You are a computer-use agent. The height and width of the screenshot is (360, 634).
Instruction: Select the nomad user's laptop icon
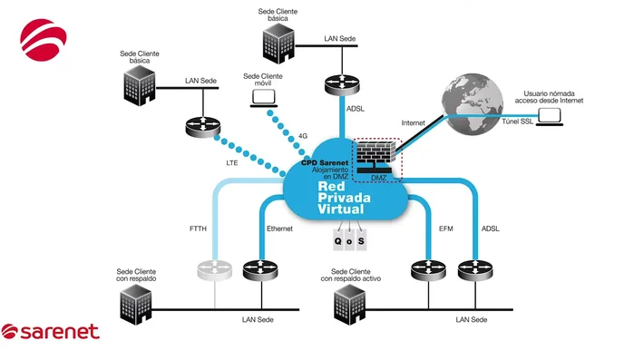coord(550,115)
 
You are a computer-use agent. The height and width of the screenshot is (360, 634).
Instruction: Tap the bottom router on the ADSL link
coord(473,270)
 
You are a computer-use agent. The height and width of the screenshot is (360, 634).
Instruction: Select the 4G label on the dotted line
coord(303,136)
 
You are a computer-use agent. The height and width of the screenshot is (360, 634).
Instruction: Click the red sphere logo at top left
coord(44,40)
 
